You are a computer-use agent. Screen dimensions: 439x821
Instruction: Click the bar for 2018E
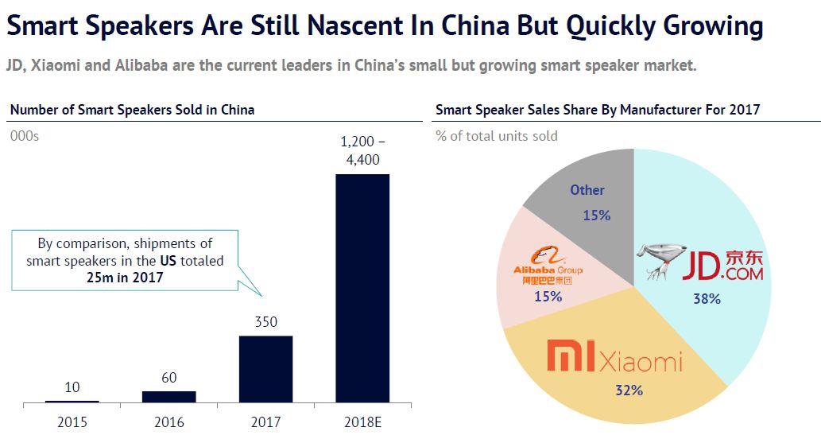[x=362, y=288]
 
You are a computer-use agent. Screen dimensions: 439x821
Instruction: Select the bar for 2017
[x=265, y=369]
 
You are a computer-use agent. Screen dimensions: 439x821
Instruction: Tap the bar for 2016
[x=168, y=396]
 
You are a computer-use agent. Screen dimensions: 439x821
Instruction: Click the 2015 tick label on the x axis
[x=72, y=422]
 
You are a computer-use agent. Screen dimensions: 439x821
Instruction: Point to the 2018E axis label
[x=362, y=422]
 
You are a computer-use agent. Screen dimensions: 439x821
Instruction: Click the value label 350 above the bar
[x=265, y=321]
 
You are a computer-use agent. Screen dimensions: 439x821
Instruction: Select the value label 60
[x=168, y=378]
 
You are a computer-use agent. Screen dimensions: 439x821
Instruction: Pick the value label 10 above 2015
[x=72, y=387]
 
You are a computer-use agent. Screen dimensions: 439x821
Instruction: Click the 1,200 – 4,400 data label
[x=362, y=150]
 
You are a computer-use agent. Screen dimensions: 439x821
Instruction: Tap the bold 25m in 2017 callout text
[x=126, y=276]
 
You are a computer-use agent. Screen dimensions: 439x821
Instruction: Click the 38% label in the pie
[x=706, y=299]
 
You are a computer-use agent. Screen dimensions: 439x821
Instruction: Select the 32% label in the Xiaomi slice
[x=628, y=390]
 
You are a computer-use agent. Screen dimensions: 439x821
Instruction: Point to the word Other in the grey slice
[x=587, y=190]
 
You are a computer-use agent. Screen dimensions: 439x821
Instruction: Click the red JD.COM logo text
[x=722, y=266]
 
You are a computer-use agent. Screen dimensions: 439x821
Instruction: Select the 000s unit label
[x=25, y=136]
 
